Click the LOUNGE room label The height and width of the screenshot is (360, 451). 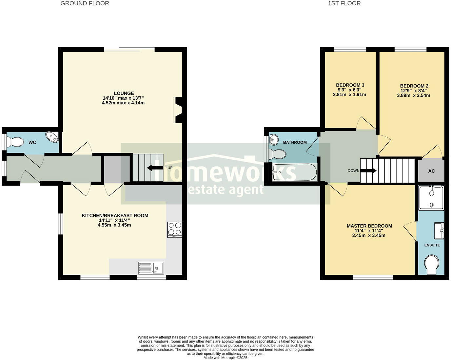coord(124,93)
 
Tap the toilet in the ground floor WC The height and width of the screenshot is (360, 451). coord(15,142)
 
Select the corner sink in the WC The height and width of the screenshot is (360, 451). coord(52,137)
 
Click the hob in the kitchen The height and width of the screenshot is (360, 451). coord(174,229)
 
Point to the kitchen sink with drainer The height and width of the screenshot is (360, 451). coord(151,268)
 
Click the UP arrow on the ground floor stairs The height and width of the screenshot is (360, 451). coord(155,168)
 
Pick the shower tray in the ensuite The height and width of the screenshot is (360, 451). coord(431,197)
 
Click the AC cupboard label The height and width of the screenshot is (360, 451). coord(431,171)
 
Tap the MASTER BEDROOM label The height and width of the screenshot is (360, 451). coord(369,226)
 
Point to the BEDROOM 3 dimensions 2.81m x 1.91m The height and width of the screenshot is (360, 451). coord(349,94)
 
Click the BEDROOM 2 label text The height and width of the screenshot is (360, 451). coord(414,86)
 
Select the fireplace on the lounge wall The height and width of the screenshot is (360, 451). coord(178,110)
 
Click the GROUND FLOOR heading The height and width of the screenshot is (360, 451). coord(85,3)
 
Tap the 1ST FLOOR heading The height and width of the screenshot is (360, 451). coord(344,3)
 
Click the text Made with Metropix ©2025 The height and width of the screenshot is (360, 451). coord(225,358)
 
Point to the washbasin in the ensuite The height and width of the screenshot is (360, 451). coord(439,231)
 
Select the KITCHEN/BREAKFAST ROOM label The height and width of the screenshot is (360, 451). coord(115,215)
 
